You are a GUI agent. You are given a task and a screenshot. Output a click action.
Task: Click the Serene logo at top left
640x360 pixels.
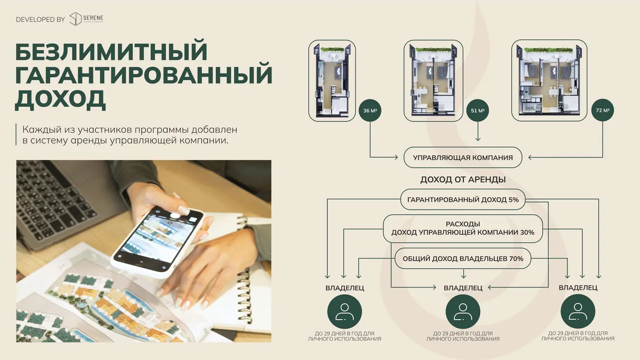coord(86,19)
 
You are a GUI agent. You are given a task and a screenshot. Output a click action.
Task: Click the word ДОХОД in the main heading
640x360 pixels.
coord(60,100)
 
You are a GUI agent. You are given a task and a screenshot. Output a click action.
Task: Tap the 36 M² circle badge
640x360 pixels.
coord(370,110)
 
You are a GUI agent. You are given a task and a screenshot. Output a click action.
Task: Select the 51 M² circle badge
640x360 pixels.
coord(478,110)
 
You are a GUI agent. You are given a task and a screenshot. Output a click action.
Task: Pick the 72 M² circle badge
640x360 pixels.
coord(603,110)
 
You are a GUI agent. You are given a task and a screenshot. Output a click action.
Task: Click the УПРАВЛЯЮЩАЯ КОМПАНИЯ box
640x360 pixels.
coord(463,158)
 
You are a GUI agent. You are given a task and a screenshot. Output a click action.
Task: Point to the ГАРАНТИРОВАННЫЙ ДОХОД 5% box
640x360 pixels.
coord(463,200)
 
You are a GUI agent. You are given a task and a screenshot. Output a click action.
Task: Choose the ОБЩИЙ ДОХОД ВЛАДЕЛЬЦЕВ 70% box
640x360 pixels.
coord(463,259)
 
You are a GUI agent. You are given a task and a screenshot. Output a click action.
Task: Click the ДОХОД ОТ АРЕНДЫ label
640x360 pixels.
coord(463,180)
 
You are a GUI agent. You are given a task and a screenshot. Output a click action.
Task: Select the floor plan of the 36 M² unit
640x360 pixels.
coord(332,81)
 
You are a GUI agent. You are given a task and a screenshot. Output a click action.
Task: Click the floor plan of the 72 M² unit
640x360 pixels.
coord(549,80)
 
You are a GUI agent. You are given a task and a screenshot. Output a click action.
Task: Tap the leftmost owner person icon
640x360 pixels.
coord(345,312)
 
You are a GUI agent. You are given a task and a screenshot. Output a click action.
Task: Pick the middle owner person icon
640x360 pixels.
coord(463,312)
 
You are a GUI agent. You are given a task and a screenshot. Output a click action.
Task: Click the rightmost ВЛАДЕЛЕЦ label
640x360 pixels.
coord(578,288)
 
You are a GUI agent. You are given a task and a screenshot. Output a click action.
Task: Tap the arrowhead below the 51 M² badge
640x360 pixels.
coord(478,139)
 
